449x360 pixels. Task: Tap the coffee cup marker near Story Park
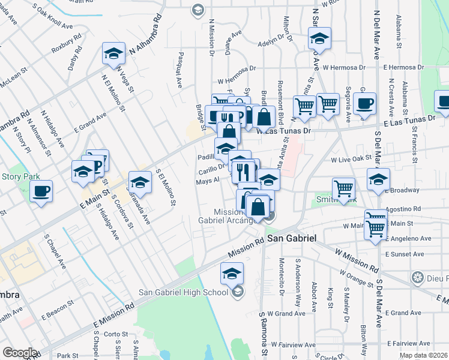(x=41, y=192)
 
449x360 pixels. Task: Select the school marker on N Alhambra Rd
(x=113, y=54)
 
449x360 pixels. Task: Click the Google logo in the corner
(x=20, y=353)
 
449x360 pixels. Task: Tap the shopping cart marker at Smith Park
(x=343, y=188)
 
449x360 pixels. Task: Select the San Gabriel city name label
(x=292, y=238)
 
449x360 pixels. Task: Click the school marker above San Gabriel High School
(x=232, y=274)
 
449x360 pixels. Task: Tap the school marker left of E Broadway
(x=378, y=180)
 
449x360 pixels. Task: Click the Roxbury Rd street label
(x=65, y=46)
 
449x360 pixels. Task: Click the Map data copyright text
(x=423, y=355)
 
